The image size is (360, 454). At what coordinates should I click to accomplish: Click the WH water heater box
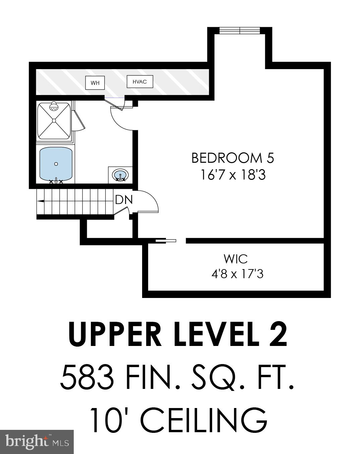pos(95,83)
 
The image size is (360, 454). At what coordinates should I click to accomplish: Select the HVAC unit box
pos(140,82)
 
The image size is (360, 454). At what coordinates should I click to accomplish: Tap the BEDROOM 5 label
pos(233,158)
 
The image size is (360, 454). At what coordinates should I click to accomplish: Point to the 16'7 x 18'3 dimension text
pos(233,175)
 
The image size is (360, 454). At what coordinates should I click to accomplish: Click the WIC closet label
pos(236,259)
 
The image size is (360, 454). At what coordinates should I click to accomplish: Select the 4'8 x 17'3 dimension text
pos(237,274)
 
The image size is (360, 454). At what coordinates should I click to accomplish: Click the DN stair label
pos(124,200)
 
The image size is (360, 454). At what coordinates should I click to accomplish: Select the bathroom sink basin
pos(120,175)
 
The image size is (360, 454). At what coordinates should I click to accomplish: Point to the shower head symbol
pos(54,107)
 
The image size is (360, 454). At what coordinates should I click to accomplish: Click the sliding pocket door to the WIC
pos(166,240)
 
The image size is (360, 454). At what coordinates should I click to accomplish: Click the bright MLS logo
pos(37,442)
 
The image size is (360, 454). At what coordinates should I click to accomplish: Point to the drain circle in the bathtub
pos(56,164)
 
